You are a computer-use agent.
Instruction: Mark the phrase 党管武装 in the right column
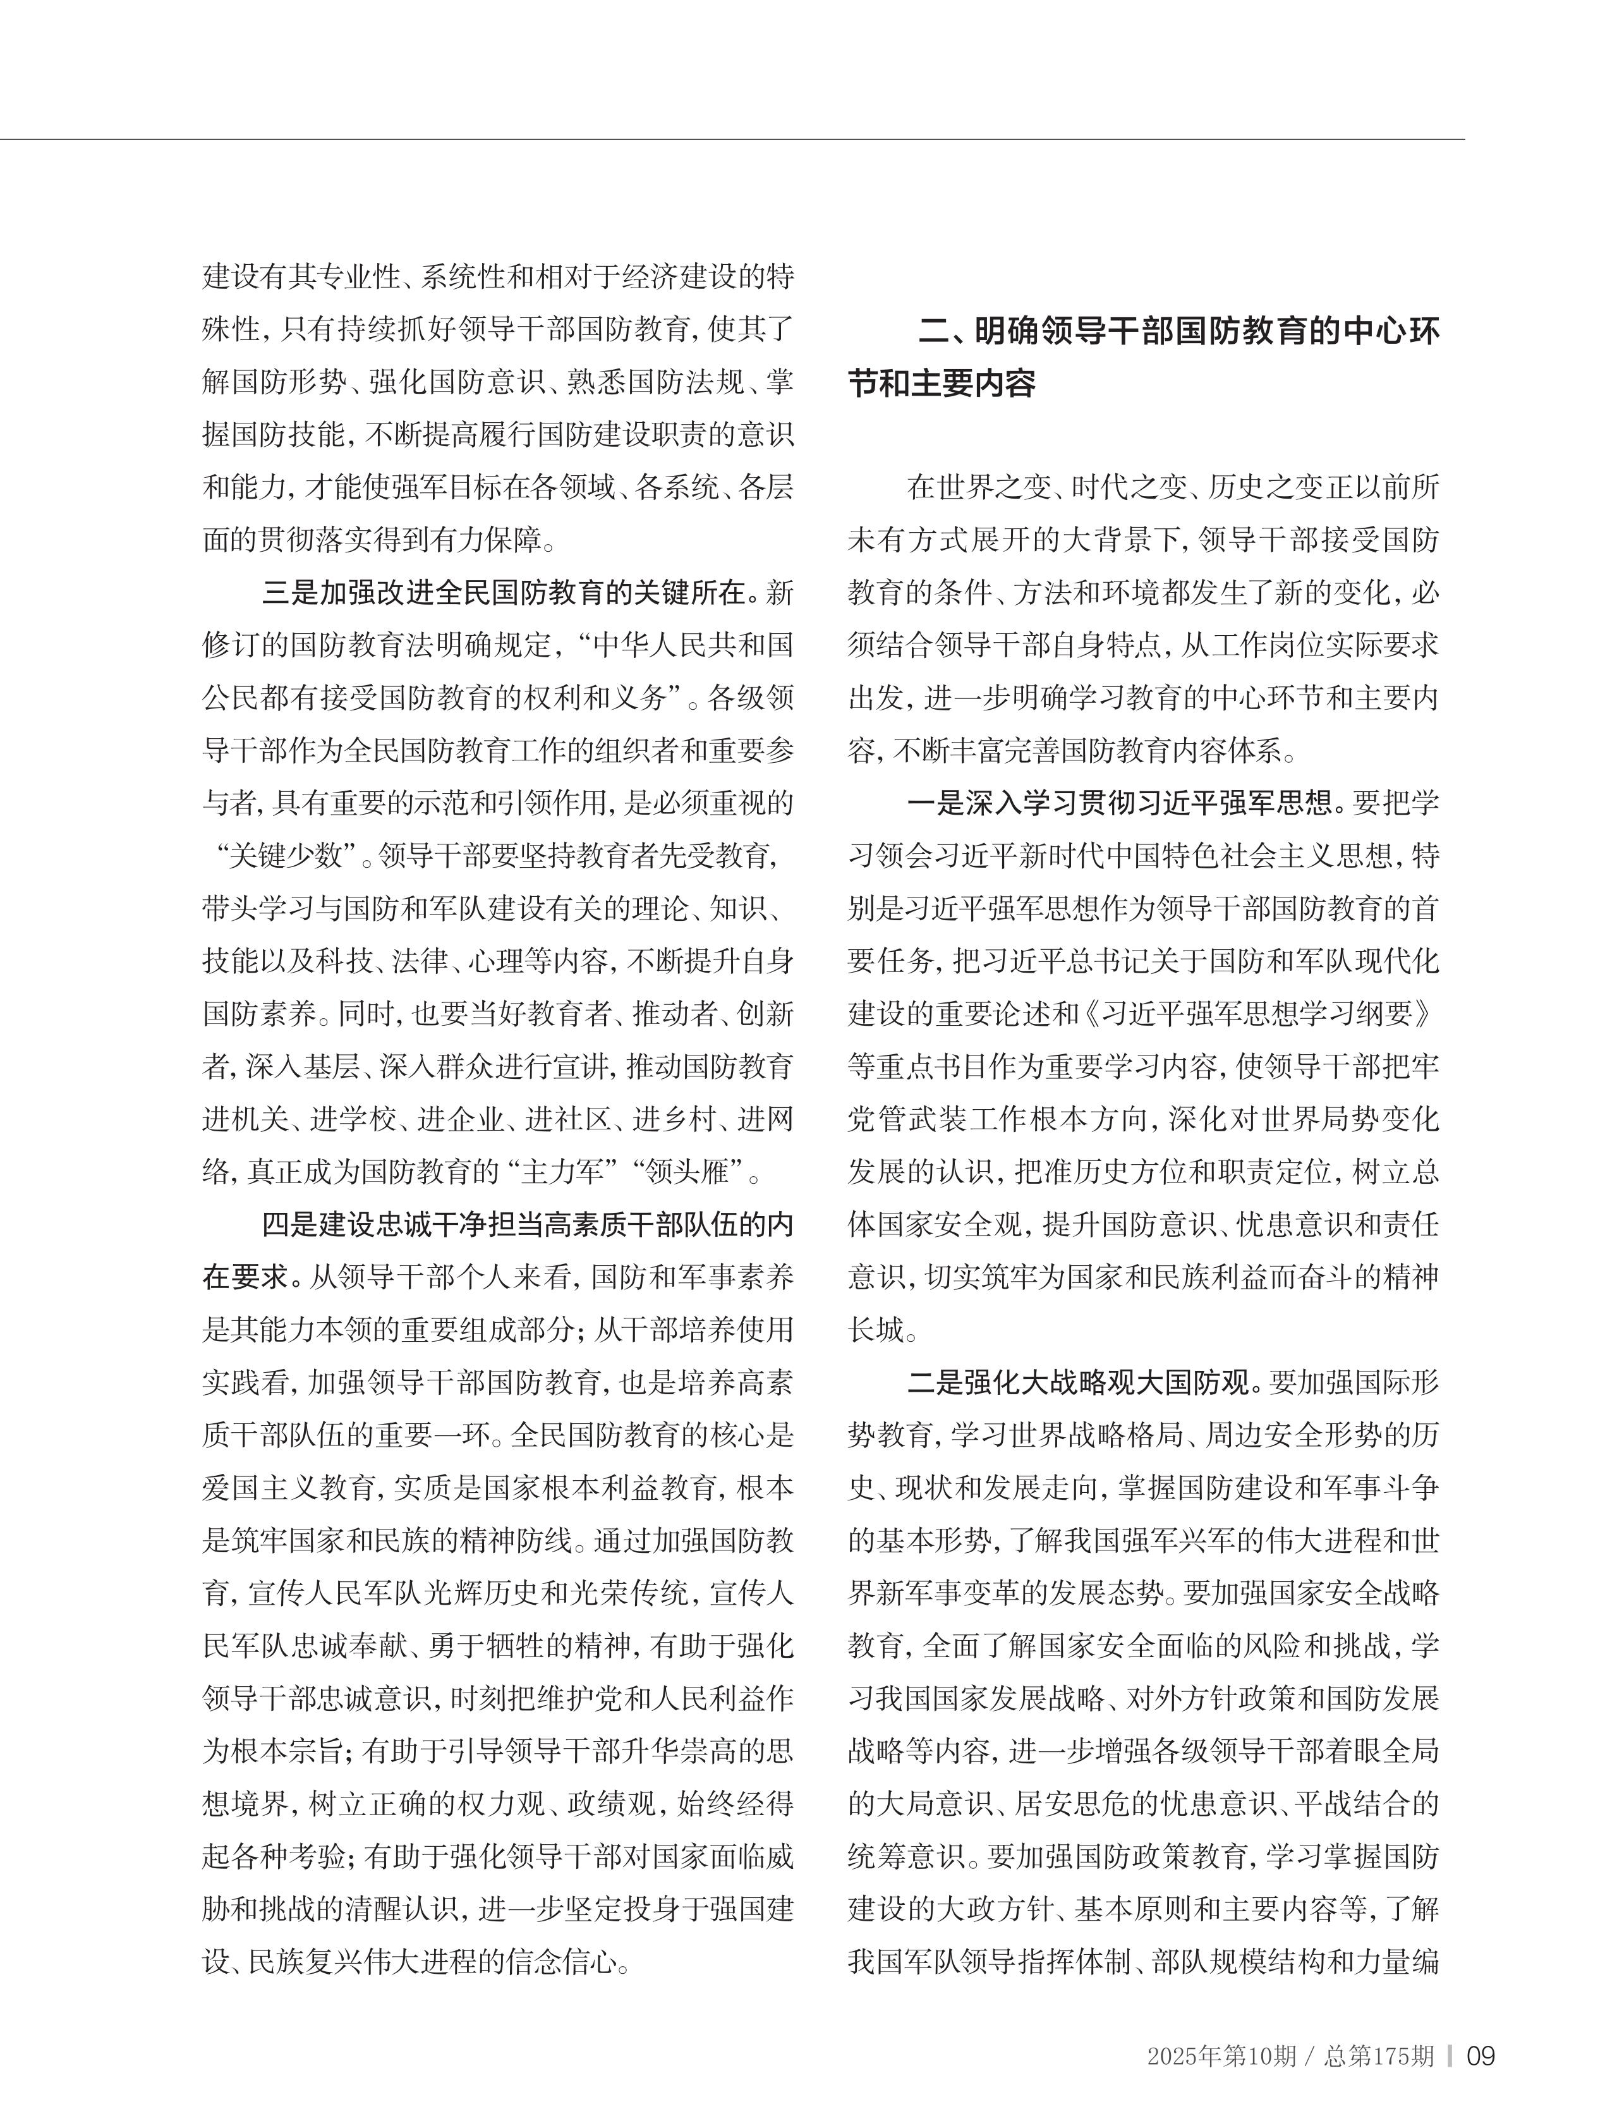click(x=904, y=1119)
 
